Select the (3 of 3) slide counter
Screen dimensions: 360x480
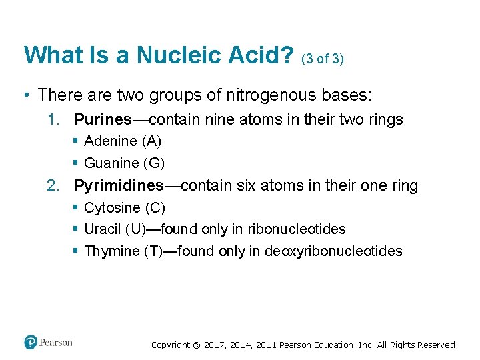click(323, 59)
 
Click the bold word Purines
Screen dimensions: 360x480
click(103, 119)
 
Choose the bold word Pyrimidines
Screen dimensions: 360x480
click(119, 185)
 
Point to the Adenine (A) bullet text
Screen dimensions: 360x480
click(123, 141)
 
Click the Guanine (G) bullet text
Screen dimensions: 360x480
click(124, 163)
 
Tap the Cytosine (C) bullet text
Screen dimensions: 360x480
click(125, 207)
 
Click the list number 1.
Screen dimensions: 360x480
click(54, 119)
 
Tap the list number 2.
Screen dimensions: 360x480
click(54, 185)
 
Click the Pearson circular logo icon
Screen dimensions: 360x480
click(31, 343)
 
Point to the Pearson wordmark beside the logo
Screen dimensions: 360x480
click(56, 343)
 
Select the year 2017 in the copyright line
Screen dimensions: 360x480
click(215, 345)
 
